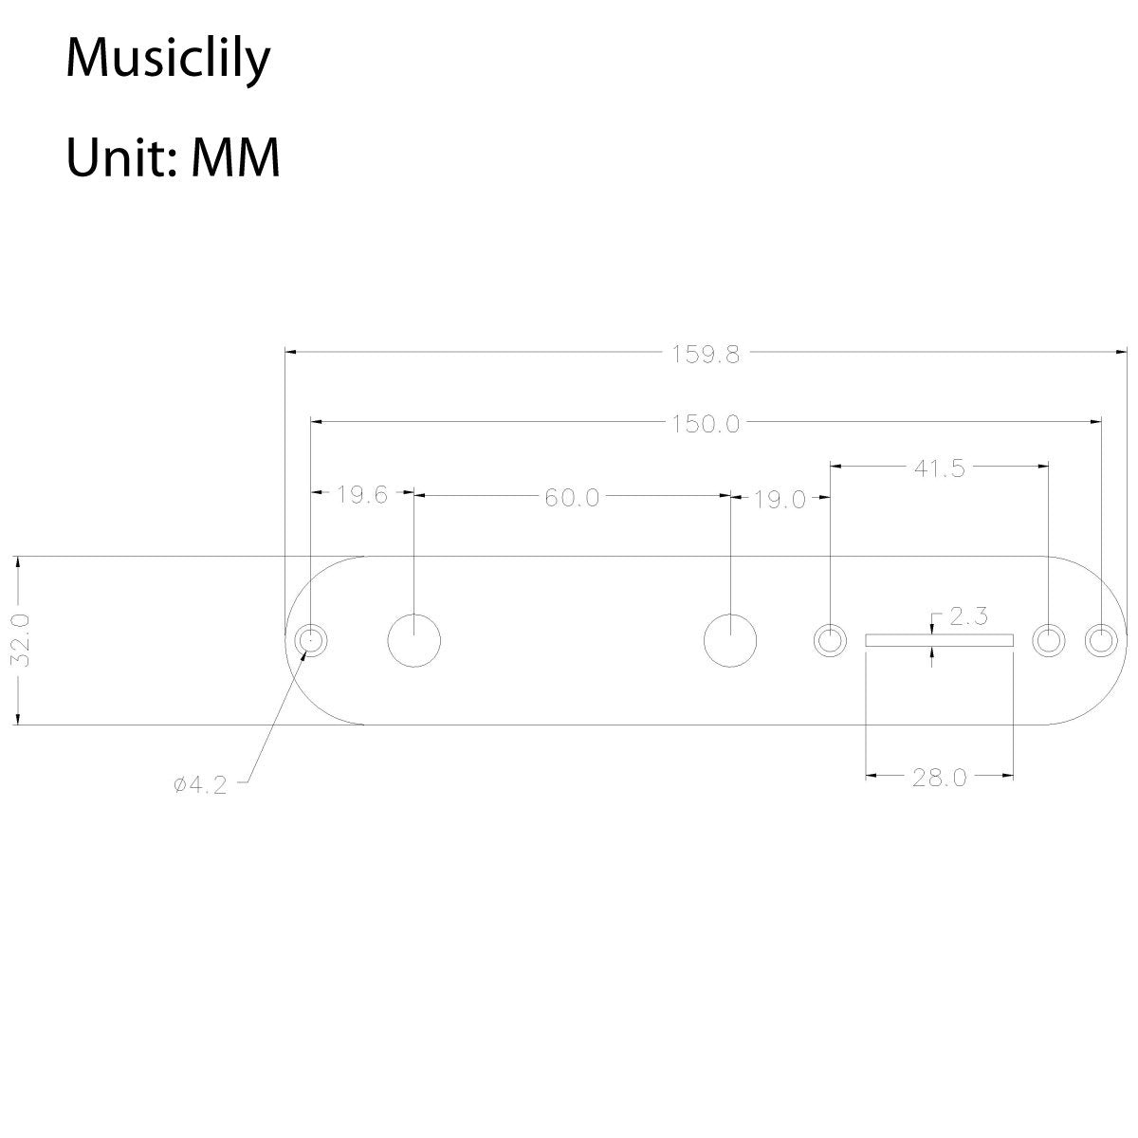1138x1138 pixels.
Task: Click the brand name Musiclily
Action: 168,60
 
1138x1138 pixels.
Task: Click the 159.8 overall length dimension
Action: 706,355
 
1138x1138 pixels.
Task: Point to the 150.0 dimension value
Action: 706,423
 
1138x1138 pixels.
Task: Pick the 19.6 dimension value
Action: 362,495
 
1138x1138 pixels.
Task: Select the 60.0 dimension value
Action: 572,498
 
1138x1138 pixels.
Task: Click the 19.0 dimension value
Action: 780,499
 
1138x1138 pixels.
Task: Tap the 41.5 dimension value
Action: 939,468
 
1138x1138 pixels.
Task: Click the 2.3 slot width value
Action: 969,618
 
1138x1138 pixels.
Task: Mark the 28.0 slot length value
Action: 939,778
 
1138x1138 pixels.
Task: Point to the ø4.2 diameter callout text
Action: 201,785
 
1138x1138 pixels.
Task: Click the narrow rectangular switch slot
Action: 939,641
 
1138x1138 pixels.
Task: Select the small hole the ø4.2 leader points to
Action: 310,641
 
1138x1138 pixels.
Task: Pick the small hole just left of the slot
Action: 830,641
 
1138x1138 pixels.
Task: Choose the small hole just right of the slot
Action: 1048,641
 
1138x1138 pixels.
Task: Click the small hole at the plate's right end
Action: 1101,641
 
